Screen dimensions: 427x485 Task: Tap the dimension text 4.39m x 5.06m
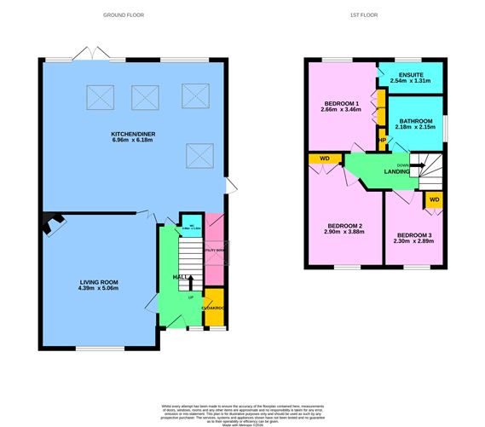click(x=99, y=289)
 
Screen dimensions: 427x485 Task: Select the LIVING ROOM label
click(x=99, y=282)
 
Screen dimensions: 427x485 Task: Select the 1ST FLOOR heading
click(x=364, y=14)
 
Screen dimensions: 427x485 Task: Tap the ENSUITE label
click(x=410, y=75)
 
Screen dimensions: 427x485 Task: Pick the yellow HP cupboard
click(x=382, y=140)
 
